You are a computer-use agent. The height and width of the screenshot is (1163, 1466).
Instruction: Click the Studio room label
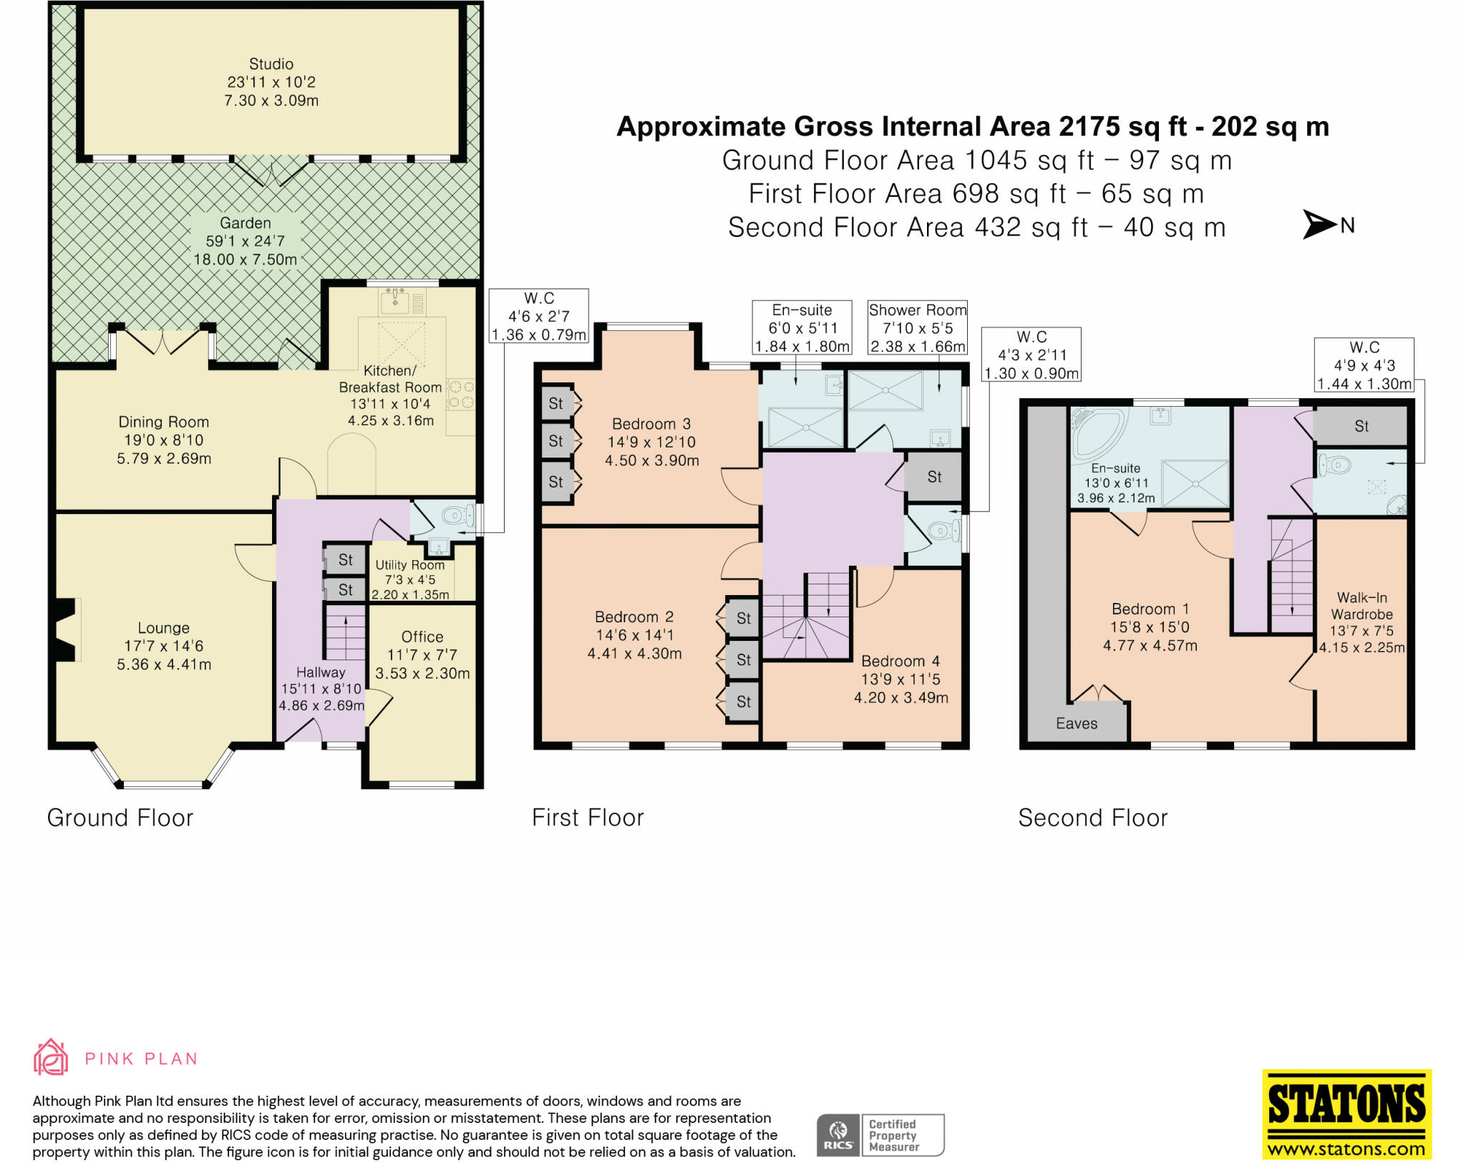tap(271, 64)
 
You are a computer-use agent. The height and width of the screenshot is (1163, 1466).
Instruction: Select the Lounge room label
tap(163, 628)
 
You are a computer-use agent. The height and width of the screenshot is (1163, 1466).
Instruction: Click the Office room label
tap(422, 637)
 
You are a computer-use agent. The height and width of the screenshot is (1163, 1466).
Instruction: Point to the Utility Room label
tap(409, 565)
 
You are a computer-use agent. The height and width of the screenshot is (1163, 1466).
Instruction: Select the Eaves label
tap(1076, 723)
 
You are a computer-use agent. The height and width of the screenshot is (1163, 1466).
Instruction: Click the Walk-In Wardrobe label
tap(1361, 606)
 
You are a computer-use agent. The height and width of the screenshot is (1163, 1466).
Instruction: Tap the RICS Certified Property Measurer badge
tap(880, 1135)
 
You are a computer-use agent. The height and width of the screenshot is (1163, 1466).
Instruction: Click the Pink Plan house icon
tap(51, 1057)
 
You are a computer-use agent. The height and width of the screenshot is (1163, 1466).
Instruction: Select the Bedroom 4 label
tap(900, 661)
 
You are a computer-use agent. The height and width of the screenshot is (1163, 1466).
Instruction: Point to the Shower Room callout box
tap(917, 328)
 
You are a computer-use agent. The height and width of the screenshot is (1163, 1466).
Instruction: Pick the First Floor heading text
tap(588, 818)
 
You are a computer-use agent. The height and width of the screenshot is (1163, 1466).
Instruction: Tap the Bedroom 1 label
tap(1150, 609)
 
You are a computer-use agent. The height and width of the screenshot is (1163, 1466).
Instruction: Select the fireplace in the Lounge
tap(66, 629)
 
